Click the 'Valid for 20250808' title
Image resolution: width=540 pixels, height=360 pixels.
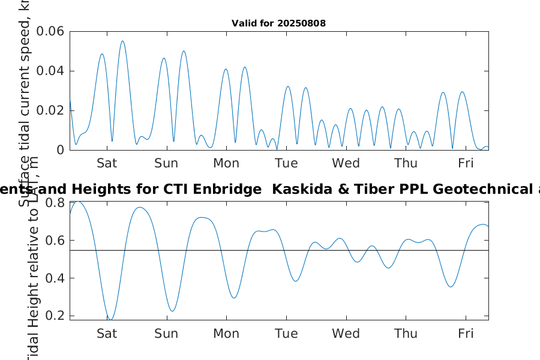pyautogui.click(x=278, y=23)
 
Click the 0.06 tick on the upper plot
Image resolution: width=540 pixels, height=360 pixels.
pyautogui.click(x=50, y=31)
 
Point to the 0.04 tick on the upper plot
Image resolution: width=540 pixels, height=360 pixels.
pyautogui.click(x=50, y=71)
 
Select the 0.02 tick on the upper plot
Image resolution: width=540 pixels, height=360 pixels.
pyautogui.click(x=50, y=110)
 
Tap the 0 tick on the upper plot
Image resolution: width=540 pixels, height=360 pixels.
pyautogui.click(x=59, y=150)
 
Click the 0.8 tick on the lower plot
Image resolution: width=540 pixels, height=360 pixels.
pyautogui.click(x=55, y=203)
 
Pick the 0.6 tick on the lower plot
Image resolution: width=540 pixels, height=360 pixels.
pyautogui.click(x=55, y=241)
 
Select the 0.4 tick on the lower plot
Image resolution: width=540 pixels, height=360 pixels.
pyautogui.click(x=55, y=278)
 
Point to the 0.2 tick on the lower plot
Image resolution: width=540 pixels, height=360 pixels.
pyautogui.click(x=55, y=316)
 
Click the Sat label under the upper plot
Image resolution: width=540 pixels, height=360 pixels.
pyautogui.click(x=107, y=163)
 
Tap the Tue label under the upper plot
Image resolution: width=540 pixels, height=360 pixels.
pyautogui.click(x=286, y=163)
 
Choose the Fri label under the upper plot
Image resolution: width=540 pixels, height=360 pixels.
pyautogui.click(x=466, y=163)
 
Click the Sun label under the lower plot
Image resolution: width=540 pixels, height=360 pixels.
pyautogui.click(x=166, y=334)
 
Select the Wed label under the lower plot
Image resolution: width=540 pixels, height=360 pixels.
pyautogui.click(x=346, y=334)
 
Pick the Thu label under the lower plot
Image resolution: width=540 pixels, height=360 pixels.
pyautogui.click(x=406, y=334)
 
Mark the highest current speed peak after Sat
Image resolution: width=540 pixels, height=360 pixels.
pyautogui.click(x=122, y=41)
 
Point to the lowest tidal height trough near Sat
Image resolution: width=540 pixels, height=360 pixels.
pyautogui.click(x=110, y=319)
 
